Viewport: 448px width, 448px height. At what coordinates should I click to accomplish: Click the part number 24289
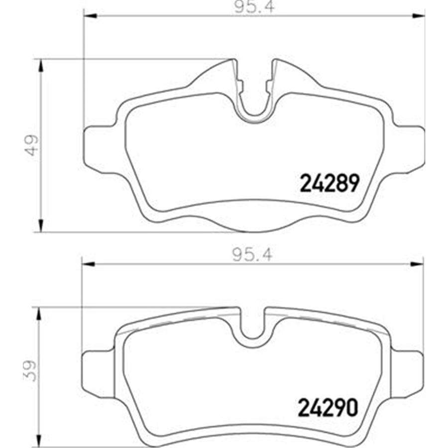[x=329, y=184]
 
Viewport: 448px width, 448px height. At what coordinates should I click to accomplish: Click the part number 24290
[x=329, y=408]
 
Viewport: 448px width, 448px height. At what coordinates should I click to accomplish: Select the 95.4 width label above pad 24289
[x=253, y=7]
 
